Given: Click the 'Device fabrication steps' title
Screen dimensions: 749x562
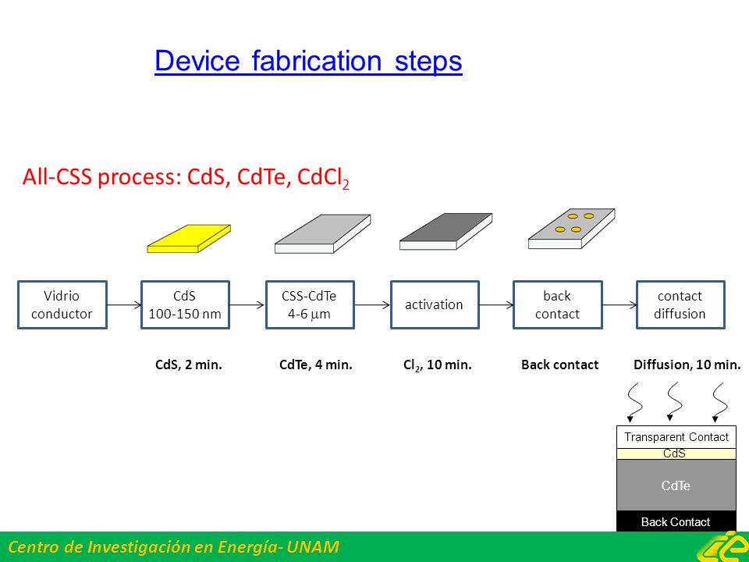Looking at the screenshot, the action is coord(308,61).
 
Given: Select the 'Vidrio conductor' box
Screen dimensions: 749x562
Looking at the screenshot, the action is coord(62,305).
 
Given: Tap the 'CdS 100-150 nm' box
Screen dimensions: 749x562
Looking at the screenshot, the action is coord(186,305).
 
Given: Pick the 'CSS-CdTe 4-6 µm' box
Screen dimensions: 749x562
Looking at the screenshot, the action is coord(310,305).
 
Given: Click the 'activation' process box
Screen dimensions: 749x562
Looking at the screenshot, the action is coord(435,305).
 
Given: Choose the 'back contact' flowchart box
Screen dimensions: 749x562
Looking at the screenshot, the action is coord(557,305).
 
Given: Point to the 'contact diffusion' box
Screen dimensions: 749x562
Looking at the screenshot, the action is coord(680,305).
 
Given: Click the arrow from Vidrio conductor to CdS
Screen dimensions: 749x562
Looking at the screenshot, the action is coord(124,305).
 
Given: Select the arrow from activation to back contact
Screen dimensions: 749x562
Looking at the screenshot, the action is coord(496,305).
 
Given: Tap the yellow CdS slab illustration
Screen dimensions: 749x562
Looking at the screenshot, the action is coord(189,239).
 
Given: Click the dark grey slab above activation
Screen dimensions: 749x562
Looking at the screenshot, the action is coord(445,232).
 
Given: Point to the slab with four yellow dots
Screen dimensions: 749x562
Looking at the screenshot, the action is coord(572,229).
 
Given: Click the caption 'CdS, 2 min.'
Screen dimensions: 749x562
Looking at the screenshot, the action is coord(189,365).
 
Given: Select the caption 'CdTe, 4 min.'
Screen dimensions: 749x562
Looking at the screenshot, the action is coord(316,365).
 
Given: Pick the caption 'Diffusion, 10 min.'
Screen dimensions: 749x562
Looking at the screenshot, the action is coord(687,365).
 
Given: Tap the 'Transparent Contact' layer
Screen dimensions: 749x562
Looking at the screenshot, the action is coord(676,437).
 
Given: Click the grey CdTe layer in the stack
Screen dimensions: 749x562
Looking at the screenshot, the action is coord(676,485).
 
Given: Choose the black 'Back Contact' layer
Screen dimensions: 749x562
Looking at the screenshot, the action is coord(676,521).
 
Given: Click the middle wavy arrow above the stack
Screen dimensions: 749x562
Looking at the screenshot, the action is coord(674,401).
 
